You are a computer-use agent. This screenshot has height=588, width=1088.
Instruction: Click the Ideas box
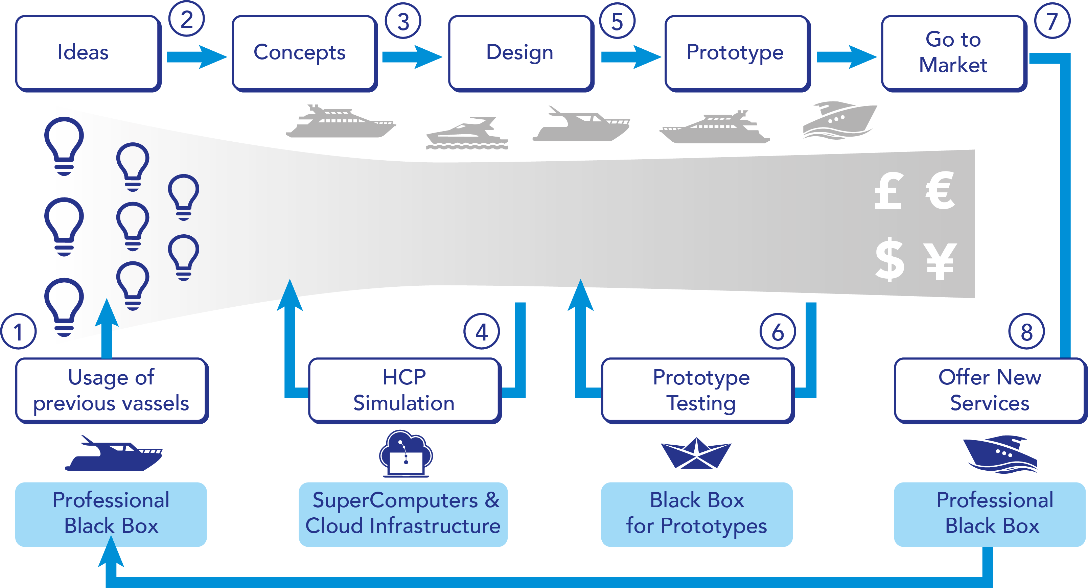(x=88, y=53)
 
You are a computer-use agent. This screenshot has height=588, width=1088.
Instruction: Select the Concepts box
(x=304, y=53)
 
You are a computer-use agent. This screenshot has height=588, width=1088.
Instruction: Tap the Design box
(x=520, y=53)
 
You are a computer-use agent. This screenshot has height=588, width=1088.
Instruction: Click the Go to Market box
(x=954, y=53)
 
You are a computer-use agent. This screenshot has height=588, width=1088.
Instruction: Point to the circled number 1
(x=18, y=332)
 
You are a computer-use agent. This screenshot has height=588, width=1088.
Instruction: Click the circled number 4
(x=482, y=332)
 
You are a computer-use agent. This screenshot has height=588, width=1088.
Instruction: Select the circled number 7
(x=1052, y=21)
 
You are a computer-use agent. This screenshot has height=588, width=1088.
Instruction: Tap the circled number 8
(x=1026, y=332)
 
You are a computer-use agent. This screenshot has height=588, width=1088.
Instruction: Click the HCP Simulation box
(x=404, y=390)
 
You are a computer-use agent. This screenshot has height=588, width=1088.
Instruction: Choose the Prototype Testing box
(x=697, y=390)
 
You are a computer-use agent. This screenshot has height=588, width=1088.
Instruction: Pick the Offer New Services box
(x=990, y=390)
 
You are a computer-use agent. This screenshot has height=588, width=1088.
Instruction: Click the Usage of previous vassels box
(x=112, y=390)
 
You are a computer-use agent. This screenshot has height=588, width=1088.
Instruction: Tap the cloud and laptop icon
(x=406, y=454)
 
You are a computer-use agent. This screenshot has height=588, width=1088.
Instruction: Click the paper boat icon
(x=696, y=454)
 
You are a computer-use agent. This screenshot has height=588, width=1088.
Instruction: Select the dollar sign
(x=889, y=259)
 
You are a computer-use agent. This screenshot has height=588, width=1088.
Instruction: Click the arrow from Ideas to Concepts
(x=196, y=56)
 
